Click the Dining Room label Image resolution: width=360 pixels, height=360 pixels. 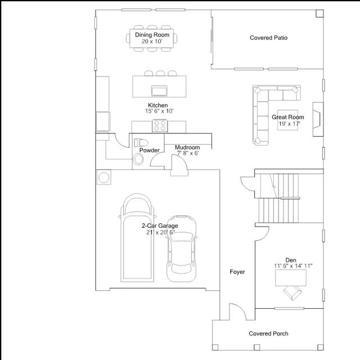152,35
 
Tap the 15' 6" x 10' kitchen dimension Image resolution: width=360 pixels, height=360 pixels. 159,111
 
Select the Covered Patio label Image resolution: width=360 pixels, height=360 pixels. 268,38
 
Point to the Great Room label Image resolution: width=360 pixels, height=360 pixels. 287,117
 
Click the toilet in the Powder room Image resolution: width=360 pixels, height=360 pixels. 141,142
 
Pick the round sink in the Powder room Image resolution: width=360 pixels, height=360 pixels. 138,159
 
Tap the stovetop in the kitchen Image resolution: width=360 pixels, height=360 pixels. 160,126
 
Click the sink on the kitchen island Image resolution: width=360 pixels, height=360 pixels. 159,91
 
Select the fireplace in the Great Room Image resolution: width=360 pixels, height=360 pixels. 318,119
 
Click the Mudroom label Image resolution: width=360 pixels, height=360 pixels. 187,147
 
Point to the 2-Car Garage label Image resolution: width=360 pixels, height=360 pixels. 160,226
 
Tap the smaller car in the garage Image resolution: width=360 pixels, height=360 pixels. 182,249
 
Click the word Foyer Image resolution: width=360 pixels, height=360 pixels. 237,272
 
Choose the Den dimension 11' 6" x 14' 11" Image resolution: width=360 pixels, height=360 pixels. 293,266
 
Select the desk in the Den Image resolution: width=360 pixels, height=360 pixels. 291,278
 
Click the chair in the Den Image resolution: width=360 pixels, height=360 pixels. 292,292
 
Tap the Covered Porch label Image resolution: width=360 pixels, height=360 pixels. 268,334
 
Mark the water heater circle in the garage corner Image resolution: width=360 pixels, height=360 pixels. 103,178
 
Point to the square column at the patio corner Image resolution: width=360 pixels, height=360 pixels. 319,13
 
